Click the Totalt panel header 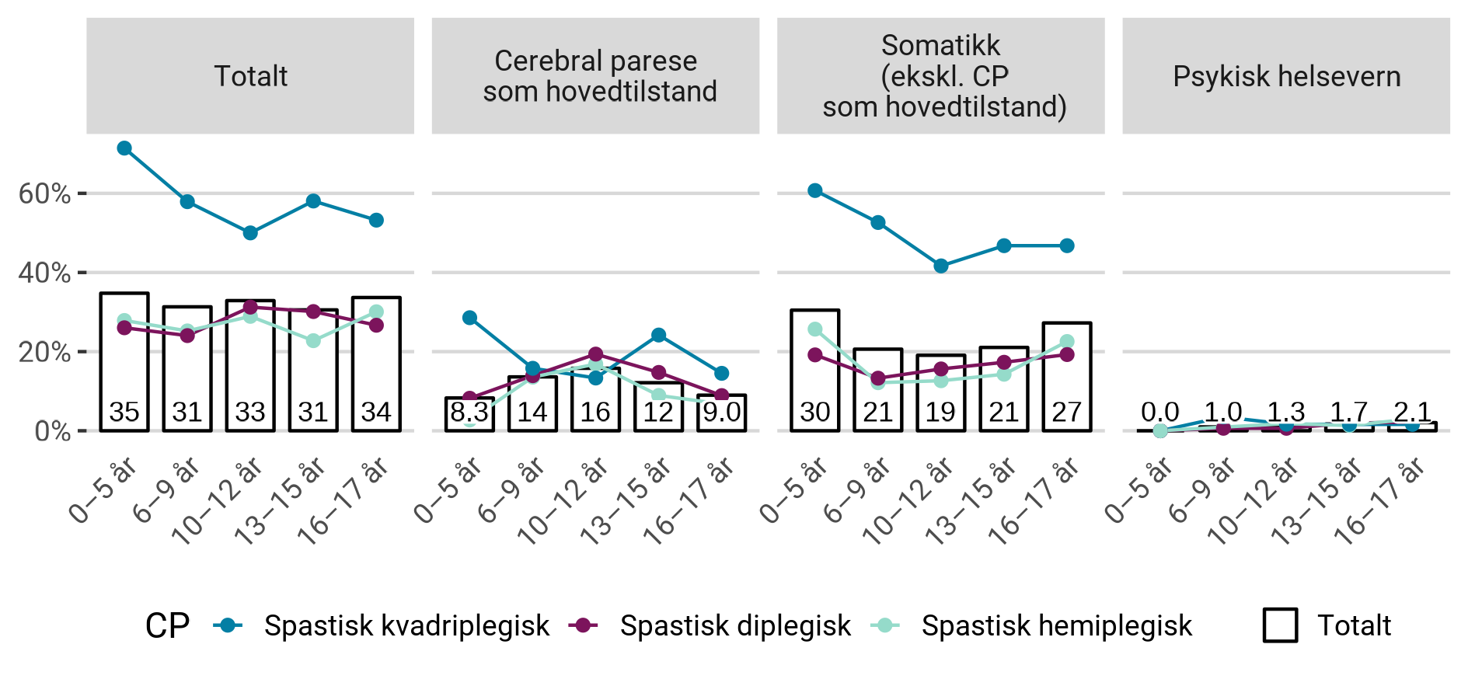tap(250, 76)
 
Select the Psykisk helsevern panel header tap(1286, 76)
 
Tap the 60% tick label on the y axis tap(44, 193)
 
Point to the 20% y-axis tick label tap(44, 352)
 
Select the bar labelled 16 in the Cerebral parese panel tap(595, 400)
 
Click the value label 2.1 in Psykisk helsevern tap(1412, 411)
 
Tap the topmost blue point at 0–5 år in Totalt tap(124, 148)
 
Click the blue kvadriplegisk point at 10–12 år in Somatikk tap(941, 266)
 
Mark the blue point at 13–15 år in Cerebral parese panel tap(658, 335)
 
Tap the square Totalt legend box tap(1280, 625)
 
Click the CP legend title tap(167, 625)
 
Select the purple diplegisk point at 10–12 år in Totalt tap(250, 308)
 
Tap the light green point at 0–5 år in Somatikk tap(815, 329)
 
